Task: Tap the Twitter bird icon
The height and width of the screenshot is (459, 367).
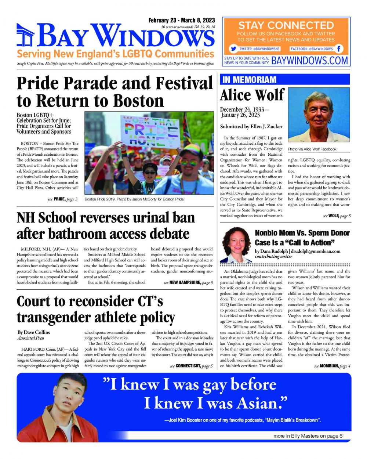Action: click(x=233, y=49)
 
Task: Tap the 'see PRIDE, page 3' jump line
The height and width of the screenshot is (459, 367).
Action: click(x=63, y=199)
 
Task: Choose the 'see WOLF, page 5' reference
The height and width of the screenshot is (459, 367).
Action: click(x=337, y=216)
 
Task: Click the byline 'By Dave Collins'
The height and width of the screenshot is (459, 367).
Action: click(x=34, y=332)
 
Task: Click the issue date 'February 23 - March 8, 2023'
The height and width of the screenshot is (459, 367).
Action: click(x=182, y=21)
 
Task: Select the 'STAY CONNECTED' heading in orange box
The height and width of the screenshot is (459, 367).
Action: click(x=286, y=26)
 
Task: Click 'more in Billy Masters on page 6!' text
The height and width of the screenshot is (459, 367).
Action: click(x=308, y=436)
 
